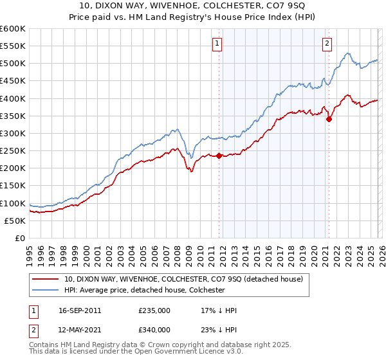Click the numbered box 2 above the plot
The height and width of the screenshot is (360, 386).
point(327,44)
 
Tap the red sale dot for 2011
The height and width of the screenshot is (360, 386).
point(219,156)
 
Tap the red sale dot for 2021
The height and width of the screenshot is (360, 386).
point(329,119)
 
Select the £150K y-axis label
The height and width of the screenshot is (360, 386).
point(13,186)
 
